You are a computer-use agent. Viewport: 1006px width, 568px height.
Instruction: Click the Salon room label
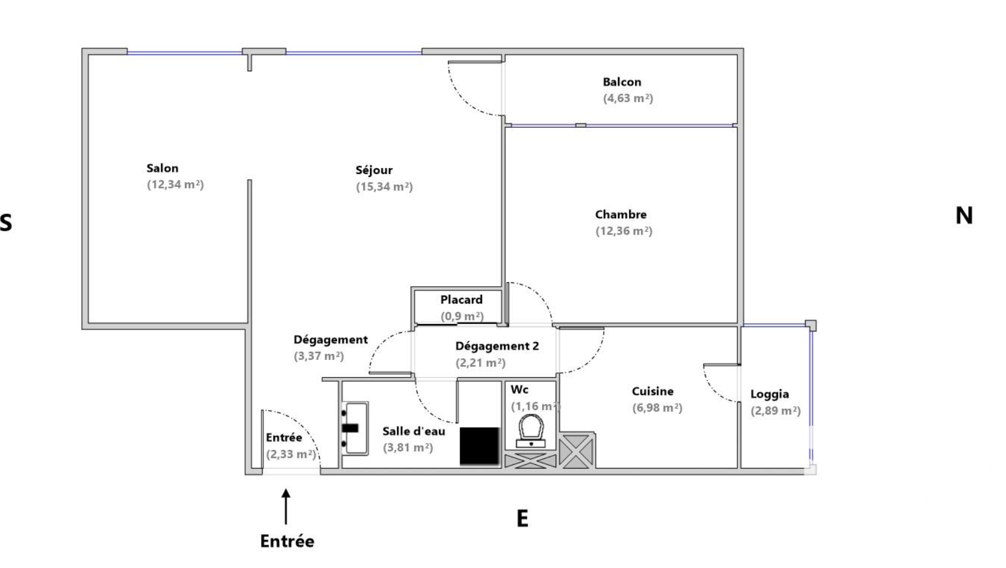(162, 168)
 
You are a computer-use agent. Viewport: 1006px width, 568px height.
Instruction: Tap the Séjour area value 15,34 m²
(384, 187)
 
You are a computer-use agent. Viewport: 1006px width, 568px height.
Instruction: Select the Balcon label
(622, 82)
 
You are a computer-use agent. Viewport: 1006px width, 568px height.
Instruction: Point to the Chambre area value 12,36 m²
(624, 231)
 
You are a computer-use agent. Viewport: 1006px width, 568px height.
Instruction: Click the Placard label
(461, 300)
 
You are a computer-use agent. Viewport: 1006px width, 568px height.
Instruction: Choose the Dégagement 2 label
(497, 346)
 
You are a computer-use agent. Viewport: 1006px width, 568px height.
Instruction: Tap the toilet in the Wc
(531, 430)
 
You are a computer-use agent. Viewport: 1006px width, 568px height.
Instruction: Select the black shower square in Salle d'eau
(479, 446)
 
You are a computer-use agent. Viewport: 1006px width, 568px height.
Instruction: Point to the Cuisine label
(653, 391)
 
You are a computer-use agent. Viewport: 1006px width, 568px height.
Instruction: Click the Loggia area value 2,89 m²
(775, 411)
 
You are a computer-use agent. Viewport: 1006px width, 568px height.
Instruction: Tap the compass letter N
(964, 216)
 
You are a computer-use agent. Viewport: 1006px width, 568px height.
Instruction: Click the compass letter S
(5, 223)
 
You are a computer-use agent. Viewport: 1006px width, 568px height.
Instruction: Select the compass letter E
(522, 519)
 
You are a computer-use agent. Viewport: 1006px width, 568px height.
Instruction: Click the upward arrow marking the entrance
(286, 506)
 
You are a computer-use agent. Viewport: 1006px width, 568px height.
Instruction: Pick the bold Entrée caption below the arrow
(287, 541)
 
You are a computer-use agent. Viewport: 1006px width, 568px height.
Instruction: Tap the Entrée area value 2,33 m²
(291, 454)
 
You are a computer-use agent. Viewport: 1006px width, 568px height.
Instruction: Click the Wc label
(519, 389)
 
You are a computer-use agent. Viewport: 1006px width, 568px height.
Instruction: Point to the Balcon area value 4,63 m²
(628, 98)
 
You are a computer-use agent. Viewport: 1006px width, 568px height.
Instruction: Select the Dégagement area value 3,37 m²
(319, 356)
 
